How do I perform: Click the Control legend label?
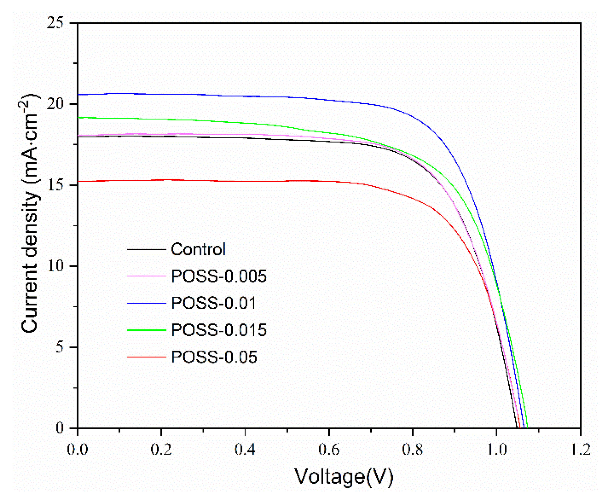198,249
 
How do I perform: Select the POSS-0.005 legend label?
219,276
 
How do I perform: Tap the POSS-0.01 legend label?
214,303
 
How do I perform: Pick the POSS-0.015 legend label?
219,330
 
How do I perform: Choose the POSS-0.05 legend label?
214,357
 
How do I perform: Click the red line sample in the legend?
146,357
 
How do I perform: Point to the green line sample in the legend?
146,330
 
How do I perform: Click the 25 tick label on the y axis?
55,23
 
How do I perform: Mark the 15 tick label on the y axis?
55,185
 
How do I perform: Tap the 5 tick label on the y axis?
59,347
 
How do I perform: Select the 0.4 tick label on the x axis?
245,450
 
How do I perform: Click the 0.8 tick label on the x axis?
412,450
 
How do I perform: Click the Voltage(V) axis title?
344,477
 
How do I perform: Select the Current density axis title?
30,212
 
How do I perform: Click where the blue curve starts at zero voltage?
78,94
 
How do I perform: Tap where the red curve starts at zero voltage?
78,181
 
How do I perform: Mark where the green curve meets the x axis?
527,428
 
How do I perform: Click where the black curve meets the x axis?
516,428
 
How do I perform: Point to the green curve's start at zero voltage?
78,117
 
